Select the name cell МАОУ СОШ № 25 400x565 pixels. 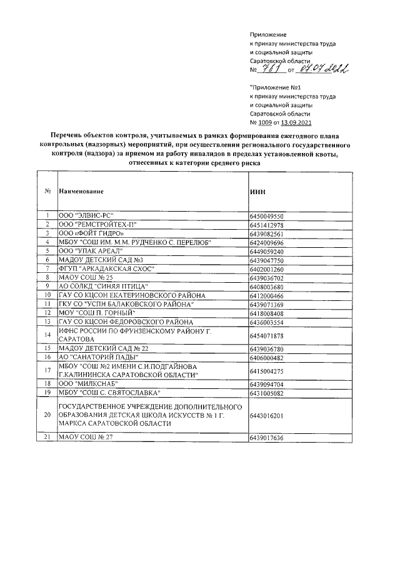pos(85,277)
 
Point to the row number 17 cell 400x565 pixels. pos(47,370)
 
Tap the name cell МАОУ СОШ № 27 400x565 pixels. pos(85,438)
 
